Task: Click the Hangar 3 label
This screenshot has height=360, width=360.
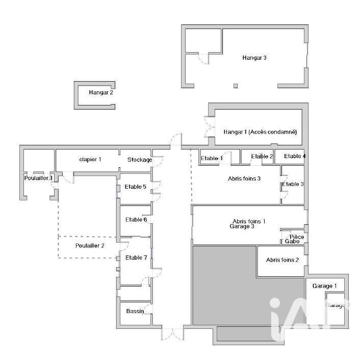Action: click(x=254, y=58)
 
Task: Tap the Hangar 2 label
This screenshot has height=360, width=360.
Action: click(x=101, y=93)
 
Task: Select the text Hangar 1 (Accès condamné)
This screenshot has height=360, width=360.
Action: click(x=260, y=132)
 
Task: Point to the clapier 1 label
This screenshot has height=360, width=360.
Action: click(x=90, y=160)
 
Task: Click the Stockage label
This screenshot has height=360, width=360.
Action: click(x=140, y=160)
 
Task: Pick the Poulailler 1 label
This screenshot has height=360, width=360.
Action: click(x=38, y=178)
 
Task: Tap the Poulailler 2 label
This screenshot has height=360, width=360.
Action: click(x=90, y=246)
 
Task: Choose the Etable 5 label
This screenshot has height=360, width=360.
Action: click(x=136, y=187)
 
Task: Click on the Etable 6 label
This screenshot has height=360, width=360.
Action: click(x=136, y=220)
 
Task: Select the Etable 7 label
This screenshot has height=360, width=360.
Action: click(x=136, y=258)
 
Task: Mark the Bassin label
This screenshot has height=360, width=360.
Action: click(x=135, y=312)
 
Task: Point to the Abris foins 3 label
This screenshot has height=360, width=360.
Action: click(x=244, y=178)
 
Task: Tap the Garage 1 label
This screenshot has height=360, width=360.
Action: click(x=325, y=286)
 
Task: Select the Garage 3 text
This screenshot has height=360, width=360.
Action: click(x=242, y=226)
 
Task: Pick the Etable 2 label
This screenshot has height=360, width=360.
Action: click(x=262, y=157)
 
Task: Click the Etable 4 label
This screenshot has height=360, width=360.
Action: click(x=295, y=157)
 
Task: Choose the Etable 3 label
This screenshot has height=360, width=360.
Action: click(x=293, y=184)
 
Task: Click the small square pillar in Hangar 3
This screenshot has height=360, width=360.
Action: click(x=235, y=86)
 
